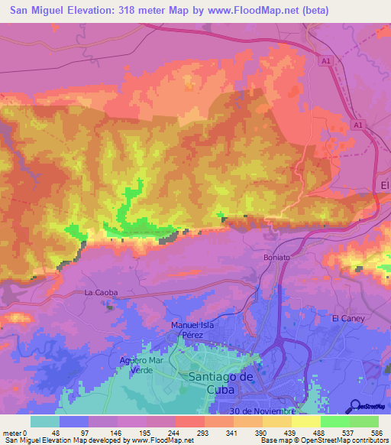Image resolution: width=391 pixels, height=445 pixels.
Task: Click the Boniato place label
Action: point(276,258)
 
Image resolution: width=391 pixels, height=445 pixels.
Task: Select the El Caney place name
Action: point(349,317)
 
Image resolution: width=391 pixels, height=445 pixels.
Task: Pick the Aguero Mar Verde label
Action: point(141,365)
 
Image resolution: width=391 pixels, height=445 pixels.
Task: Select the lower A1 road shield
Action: point(359,124)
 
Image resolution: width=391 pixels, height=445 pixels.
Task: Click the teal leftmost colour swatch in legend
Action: point(45,421)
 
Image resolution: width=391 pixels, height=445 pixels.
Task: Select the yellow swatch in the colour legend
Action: point(306,421)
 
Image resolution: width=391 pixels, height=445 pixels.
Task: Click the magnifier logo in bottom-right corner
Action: point(355,406)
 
